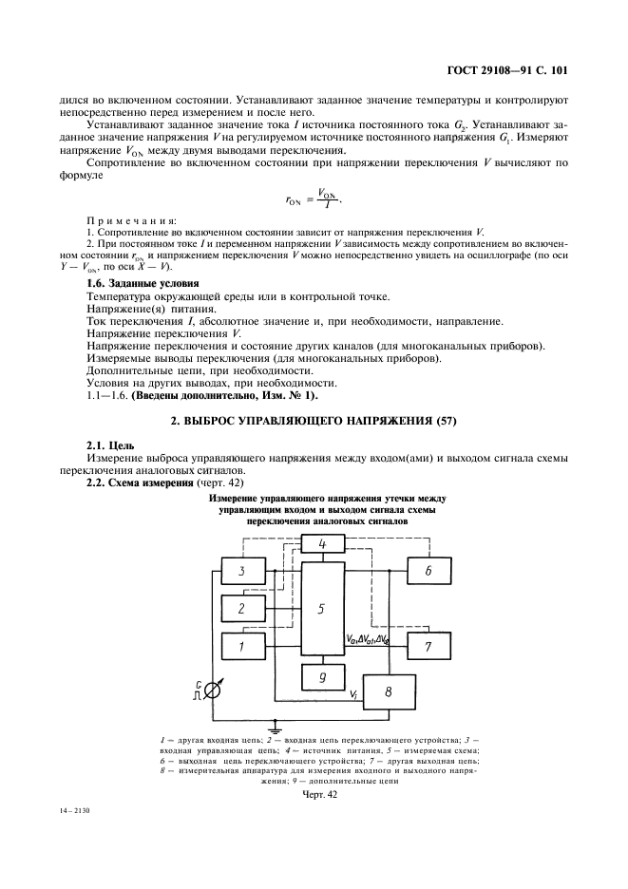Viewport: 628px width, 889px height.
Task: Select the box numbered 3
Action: click(x=243, y=571)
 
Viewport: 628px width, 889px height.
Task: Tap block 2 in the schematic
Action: click(x=243, y=608)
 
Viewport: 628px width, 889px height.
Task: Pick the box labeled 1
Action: click(x=243, y=646)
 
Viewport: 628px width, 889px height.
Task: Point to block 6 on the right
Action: click(x=428, y=571)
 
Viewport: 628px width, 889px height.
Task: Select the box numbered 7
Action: click(x=428, y=646)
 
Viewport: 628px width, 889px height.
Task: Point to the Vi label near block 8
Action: click(x=353, y=695)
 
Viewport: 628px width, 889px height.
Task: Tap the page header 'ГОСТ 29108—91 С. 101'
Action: click(x=514, y=71)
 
